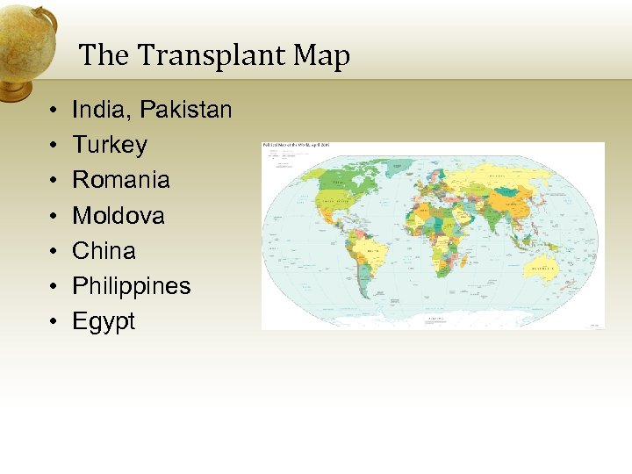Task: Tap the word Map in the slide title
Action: pyautogui.click(x=321, y=56)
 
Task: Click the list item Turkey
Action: pyautogui.click(x=109, y=145)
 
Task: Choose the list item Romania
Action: pyautogui.click(x=120, y=180)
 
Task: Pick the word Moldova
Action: pyautogui.click(x=118, y=215)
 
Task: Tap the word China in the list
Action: pyautogui.click(x=104, y=250)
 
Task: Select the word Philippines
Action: pyautogui.click(x=131, y=286)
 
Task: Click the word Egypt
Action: pyautogui.click(x=104, y=321)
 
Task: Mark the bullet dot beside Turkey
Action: pyautogui.click(x=54, y=146)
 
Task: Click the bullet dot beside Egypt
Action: pyautogui.click(x=54, y=322)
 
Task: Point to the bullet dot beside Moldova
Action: pyautogui.click(x=54, y=216)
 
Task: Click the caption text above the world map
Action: pyautogui.click(x=295, y=145)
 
